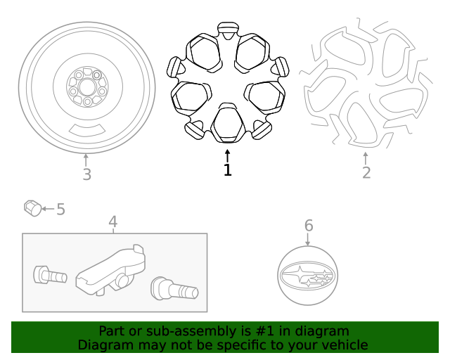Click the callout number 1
click(227, 170)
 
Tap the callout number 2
click(366, 172)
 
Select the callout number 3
click(86, 174)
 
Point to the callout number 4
click(113, 223)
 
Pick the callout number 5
click(60, 209)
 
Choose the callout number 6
click(308, 226)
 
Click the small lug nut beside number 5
click(32, 208)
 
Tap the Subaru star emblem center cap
click(308, 276)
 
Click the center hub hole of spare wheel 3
click(86, 86)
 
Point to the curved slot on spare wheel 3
click(89, 129)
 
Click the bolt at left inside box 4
click(49, 274)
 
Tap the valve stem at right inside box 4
click(175, 288)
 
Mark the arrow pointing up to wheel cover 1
click(227, 155)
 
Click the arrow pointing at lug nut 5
click(47, 209)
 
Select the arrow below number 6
click(308, 239)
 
